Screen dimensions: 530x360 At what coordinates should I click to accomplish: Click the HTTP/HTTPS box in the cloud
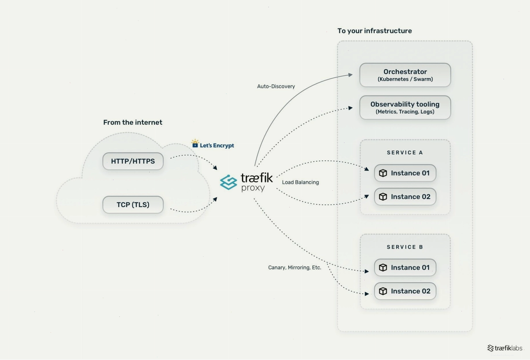point(133,161)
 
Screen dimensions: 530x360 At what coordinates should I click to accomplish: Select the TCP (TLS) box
point(133,205)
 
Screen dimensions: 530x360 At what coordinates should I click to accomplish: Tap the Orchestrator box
point(405,75)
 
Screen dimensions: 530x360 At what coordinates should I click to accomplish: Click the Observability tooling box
point(405,108)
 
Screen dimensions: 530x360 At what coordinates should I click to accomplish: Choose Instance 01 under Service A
point(405,173)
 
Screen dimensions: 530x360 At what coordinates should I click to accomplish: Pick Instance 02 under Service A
point(405,196)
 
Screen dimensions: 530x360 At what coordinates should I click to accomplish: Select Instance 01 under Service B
point(405,267)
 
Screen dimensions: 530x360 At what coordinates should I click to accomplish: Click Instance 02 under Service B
point(405,291)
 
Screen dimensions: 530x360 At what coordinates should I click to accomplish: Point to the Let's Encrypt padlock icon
point(195,143)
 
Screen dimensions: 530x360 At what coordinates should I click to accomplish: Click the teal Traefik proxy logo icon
point(228,182)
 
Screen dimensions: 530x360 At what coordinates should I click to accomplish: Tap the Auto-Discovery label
point(276,86)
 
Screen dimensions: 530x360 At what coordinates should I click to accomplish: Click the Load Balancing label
point(300,182)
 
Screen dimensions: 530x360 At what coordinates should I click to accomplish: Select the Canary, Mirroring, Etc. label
point(295,267)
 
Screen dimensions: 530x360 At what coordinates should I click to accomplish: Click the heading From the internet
point(133,122)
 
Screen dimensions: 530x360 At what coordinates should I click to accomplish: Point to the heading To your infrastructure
point(375,31)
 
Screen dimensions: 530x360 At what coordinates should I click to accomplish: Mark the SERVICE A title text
point(405,153)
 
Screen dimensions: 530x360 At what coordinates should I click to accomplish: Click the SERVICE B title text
point(405,247)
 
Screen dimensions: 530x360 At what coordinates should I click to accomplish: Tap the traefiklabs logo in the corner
point(505,348)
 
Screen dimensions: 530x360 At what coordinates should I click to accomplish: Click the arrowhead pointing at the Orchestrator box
point(350,75)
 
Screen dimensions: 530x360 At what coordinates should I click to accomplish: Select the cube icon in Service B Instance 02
point(383,291)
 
